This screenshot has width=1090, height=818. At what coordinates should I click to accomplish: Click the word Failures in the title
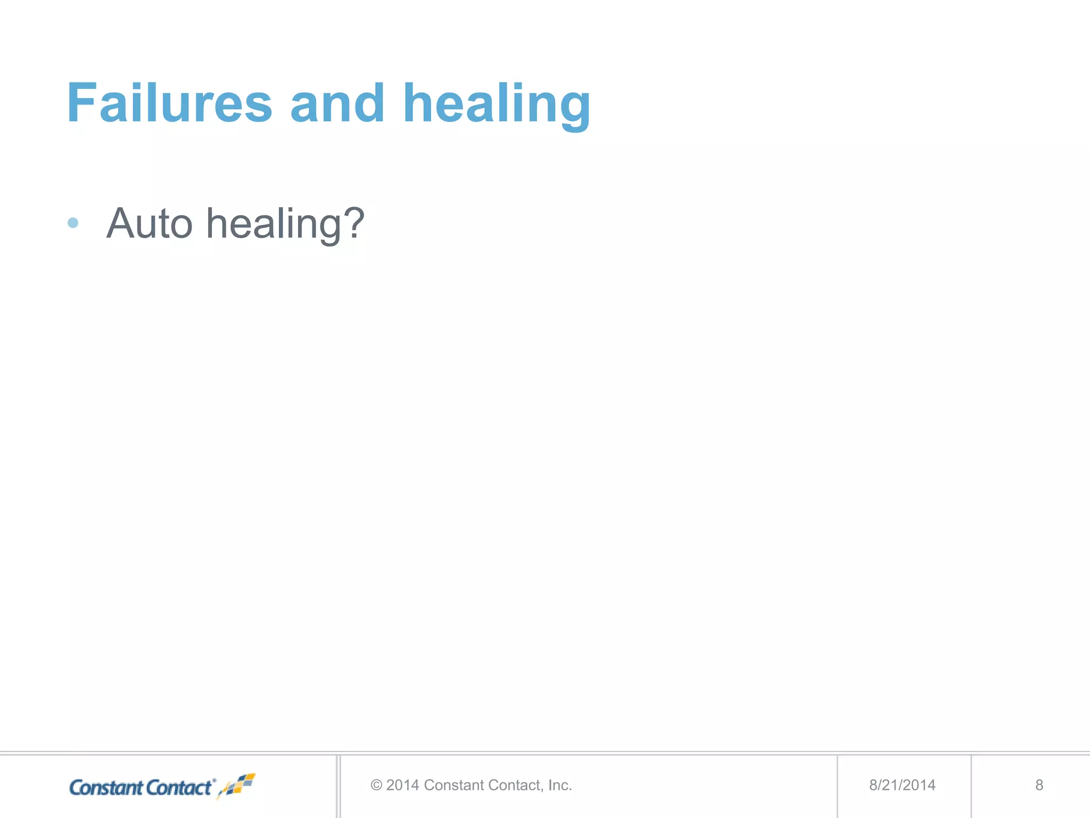[169, 103]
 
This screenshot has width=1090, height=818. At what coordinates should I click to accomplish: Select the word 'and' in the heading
[337, 103]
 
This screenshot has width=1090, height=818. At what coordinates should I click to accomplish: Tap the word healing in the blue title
[496, 105]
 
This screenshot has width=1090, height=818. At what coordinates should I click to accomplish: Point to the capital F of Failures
[80, 103]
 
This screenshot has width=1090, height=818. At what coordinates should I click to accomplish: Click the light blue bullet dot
[73, 223]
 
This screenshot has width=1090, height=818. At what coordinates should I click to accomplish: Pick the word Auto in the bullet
[149, 224]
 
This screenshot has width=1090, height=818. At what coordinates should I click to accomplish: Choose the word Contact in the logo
[179, 788]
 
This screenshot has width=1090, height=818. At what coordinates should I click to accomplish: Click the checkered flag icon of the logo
[238, 786]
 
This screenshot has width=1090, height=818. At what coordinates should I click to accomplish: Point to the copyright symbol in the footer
[376, 785]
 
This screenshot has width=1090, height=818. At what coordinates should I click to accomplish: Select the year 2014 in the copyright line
[402, 785]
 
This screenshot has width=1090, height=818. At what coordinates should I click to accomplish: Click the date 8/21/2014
[902, 785]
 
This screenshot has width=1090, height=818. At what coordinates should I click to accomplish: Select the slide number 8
[1039, 785]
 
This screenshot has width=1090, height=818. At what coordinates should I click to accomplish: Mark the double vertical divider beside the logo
[338, 786]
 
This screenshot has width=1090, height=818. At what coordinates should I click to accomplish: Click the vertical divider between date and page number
[971, 786]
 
